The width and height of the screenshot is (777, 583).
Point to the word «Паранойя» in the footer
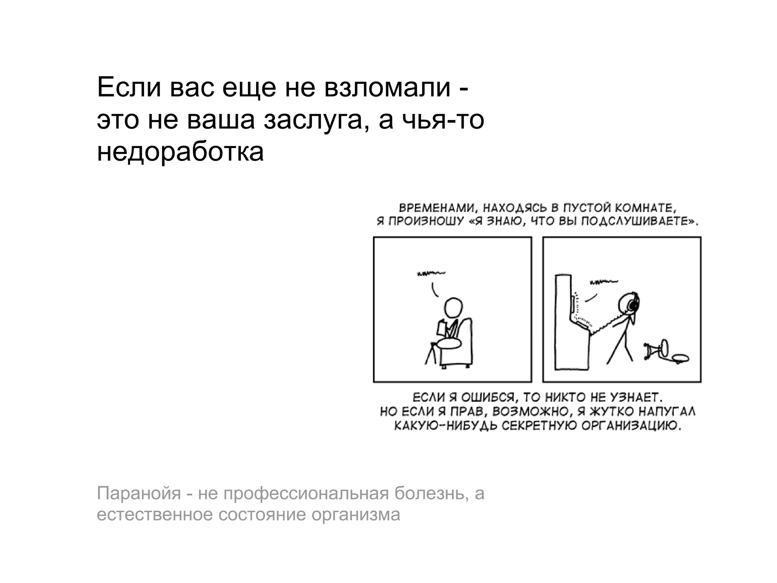[x=139, y=493]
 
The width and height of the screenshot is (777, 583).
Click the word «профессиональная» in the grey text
[x=306, y=493]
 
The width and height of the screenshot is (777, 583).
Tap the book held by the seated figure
[x=441, y=328]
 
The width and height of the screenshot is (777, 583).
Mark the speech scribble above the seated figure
[x=431, y=273]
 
